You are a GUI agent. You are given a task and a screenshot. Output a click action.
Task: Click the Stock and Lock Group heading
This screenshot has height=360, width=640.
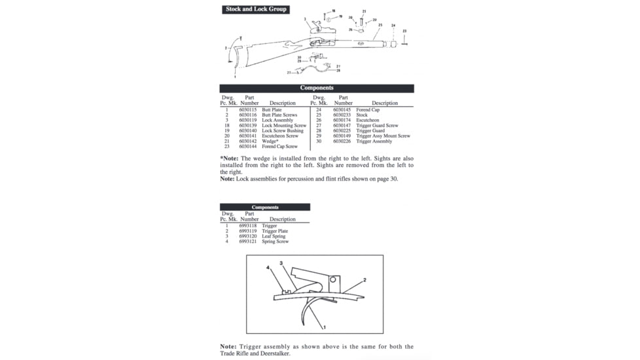tap(256, 9)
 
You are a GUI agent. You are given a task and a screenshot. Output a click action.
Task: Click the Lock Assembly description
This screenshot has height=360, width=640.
tap(277, 120)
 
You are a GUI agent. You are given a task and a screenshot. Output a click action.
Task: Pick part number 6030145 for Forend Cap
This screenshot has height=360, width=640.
tap(342, 110)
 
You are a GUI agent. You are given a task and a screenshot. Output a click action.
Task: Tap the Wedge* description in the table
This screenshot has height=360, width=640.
tap(270, 141)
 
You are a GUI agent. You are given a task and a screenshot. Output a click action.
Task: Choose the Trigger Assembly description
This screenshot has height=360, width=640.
tap(374, 141)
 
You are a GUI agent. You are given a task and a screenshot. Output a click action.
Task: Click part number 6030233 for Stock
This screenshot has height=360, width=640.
tap(342, 115)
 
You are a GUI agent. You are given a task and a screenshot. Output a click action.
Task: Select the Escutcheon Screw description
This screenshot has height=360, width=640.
tap(280, 136)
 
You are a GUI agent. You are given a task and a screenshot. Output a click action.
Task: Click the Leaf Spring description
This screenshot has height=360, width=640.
tap(274, 236)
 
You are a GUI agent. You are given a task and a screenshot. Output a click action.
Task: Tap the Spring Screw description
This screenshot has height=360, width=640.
tap(275, 242)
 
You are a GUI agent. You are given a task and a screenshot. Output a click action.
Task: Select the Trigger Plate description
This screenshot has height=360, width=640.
tap(275, 231)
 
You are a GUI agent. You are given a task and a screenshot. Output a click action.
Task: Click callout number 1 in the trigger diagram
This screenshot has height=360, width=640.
tap(325, 325)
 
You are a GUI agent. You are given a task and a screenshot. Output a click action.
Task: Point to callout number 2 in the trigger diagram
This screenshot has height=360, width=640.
tap(364, 279)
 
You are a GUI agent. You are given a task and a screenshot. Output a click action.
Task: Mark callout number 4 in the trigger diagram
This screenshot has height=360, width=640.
tap(268, 268)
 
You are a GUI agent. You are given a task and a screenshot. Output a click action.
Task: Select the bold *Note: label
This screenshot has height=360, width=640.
tap(229, 158)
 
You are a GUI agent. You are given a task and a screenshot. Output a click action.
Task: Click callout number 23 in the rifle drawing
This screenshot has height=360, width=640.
tap(404, 31)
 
